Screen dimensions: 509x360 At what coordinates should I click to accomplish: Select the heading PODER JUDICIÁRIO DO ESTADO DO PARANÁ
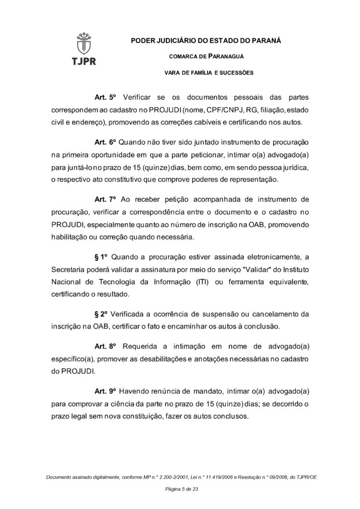pos(205,40)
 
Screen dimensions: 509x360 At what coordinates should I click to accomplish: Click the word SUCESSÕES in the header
pos(237,73)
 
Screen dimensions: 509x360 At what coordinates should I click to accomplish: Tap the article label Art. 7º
pos(104,199)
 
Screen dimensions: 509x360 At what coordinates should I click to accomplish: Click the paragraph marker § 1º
pos(101,257)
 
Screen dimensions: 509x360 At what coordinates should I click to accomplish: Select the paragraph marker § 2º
pos(101,315)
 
